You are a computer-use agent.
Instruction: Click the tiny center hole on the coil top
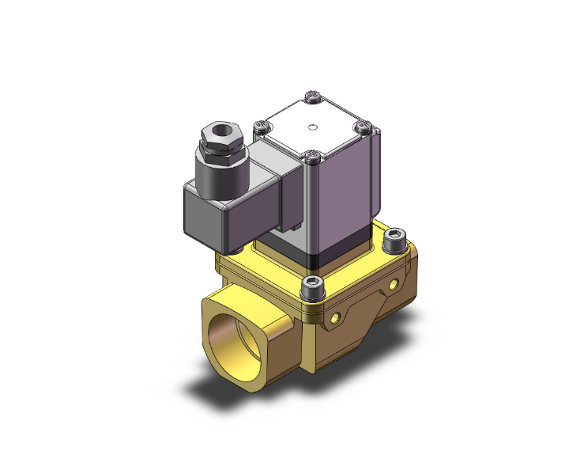tap(313, 126)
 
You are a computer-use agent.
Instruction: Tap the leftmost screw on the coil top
tap(258, 124)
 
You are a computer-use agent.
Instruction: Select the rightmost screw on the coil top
tap(362, 124)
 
